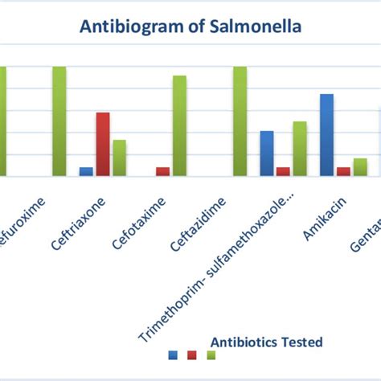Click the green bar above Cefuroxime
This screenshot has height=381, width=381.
(x=59, y=121)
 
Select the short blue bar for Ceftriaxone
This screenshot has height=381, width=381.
(x=86, y=171)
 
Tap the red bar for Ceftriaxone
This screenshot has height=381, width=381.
(x=103, y=144)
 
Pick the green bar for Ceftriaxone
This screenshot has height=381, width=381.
(x=119, y=158)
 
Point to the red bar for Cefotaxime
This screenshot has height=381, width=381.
(x=162, y=171)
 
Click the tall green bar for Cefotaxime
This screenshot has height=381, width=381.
(x=179, y=125)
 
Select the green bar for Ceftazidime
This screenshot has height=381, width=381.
(x=240, y=121)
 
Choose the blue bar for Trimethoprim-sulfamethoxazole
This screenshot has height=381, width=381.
(x=266, y=153)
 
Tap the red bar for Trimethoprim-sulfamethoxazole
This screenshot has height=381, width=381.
(x=283, y=171)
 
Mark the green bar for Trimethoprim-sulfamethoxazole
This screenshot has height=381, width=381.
(x=300, y=149)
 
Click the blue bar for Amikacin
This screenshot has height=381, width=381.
(x=326, y=134)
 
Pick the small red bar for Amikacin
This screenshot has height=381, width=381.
(x=343, y=171)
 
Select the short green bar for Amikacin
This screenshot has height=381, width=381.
(x=360, y=166)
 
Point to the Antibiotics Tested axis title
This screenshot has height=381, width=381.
(x=266, y=342)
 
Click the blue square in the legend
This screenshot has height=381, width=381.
(x=173, y=354)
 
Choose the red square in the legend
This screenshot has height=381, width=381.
(x=192, y=354)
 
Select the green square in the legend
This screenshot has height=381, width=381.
(x=211, y=354)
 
